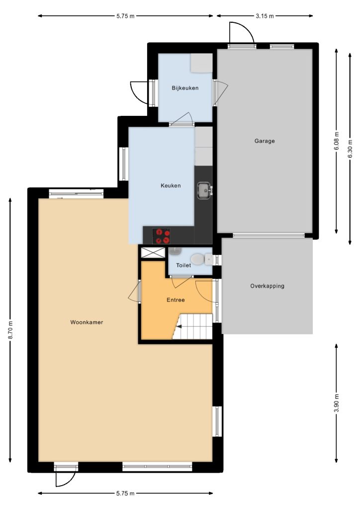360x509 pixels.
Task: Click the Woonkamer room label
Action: coord(87,322)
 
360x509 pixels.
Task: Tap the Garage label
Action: coord(265,141)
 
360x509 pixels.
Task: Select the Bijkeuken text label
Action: coord(185,88)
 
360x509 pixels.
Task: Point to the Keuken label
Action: coord(171,186)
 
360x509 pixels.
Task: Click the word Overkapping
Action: coord(267,286)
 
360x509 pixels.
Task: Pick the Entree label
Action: coord(176,300)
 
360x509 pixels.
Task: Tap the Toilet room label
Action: coord(183,265)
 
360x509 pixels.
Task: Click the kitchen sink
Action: coord(204,190)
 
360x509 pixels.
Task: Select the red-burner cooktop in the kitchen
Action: coord(161,236)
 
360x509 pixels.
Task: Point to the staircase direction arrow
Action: coord(179,326)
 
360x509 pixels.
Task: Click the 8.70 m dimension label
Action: coord(10,330)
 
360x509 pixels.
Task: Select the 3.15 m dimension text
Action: coord(265,16)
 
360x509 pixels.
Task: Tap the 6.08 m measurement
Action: coord(336,141)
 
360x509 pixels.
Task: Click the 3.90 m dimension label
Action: coord(336,403)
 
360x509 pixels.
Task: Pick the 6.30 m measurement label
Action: coord(350,149)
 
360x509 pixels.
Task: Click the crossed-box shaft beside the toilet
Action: coord(153,253)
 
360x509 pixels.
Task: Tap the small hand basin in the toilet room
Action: coord(175,251)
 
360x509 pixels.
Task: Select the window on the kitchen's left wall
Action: coord(123,164)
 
